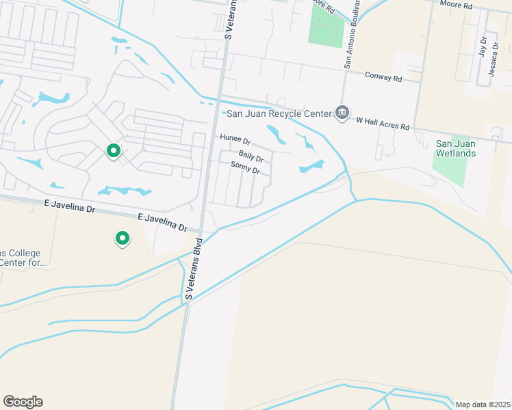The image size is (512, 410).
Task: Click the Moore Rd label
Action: coord(457,5)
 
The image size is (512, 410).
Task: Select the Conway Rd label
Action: coord(383,77)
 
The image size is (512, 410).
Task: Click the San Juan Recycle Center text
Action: coord(277,113)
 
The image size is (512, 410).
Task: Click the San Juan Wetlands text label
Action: coord(456,148)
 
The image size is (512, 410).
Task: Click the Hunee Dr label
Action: coord(235,139)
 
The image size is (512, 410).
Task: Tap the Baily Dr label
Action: coord(251,157)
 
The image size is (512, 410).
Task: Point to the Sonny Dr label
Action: coord(245,168)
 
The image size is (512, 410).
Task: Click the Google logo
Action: coord(23,402)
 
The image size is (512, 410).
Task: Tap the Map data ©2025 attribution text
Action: coord(483,405)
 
